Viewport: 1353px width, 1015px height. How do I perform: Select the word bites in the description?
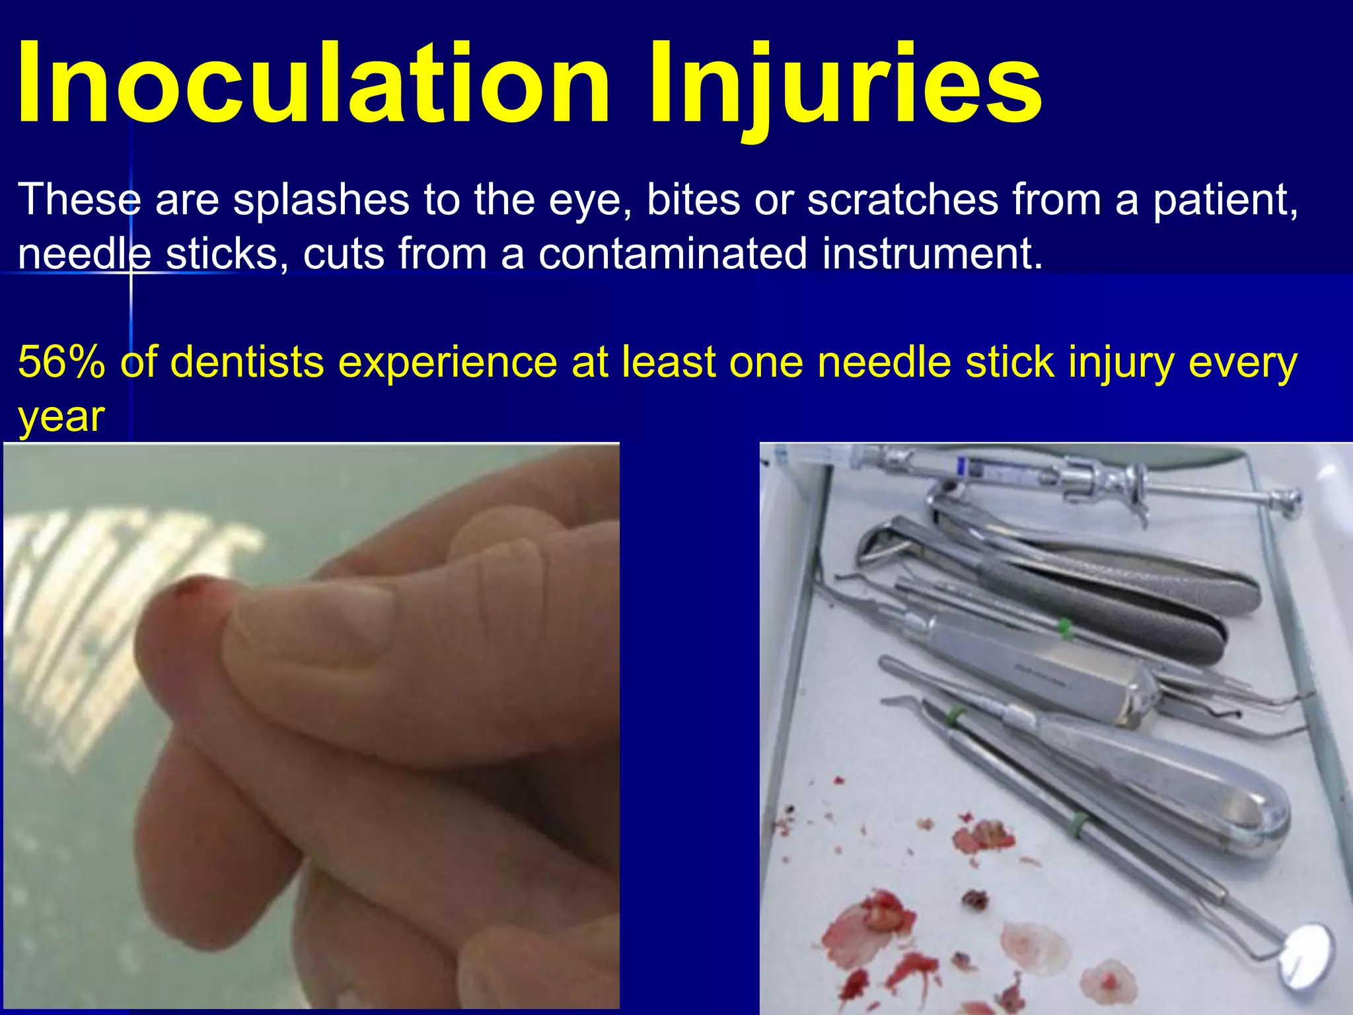[x=693, y=199]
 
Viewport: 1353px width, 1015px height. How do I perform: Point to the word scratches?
[x=902, y=199]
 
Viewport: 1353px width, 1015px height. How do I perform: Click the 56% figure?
[x=61, y=362]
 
